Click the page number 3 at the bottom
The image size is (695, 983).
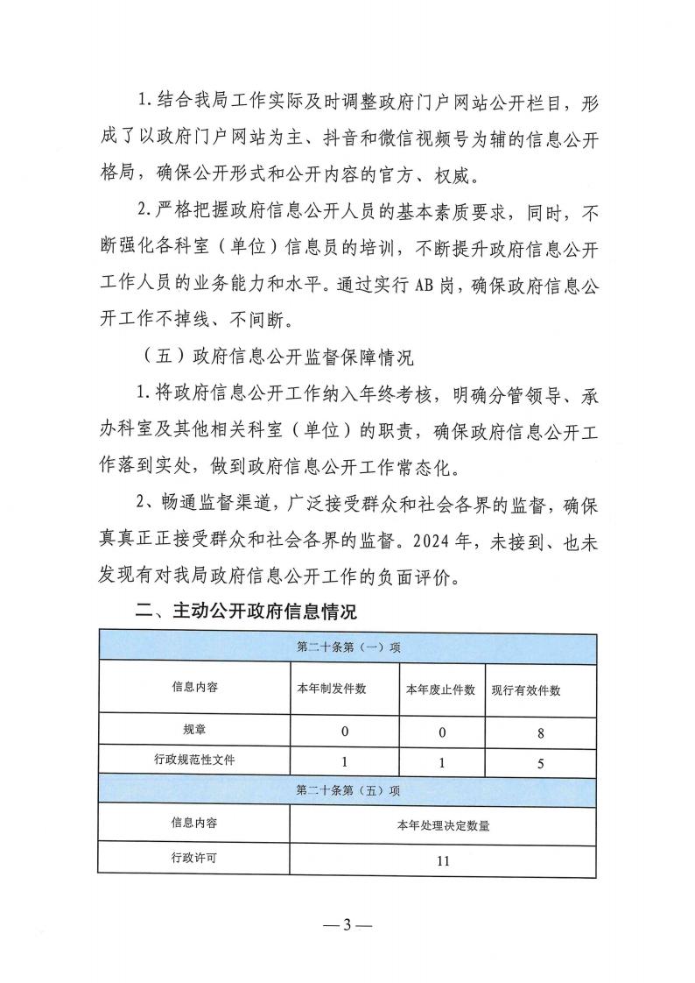tap(347, 925)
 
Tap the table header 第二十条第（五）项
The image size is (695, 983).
tap(347, 789)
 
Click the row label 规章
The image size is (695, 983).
tap(194, 729)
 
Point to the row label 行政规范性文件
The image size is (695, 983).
tap(194, 760)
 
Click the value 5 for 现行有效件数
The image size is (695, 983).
tap(542, 762)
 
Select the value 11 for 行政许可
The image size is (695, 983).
tap(443, 861)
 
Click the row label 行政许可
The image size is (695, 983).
tap(194, 859)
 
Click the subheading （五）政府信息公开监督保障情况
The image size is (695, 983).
tap(277, 357)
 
